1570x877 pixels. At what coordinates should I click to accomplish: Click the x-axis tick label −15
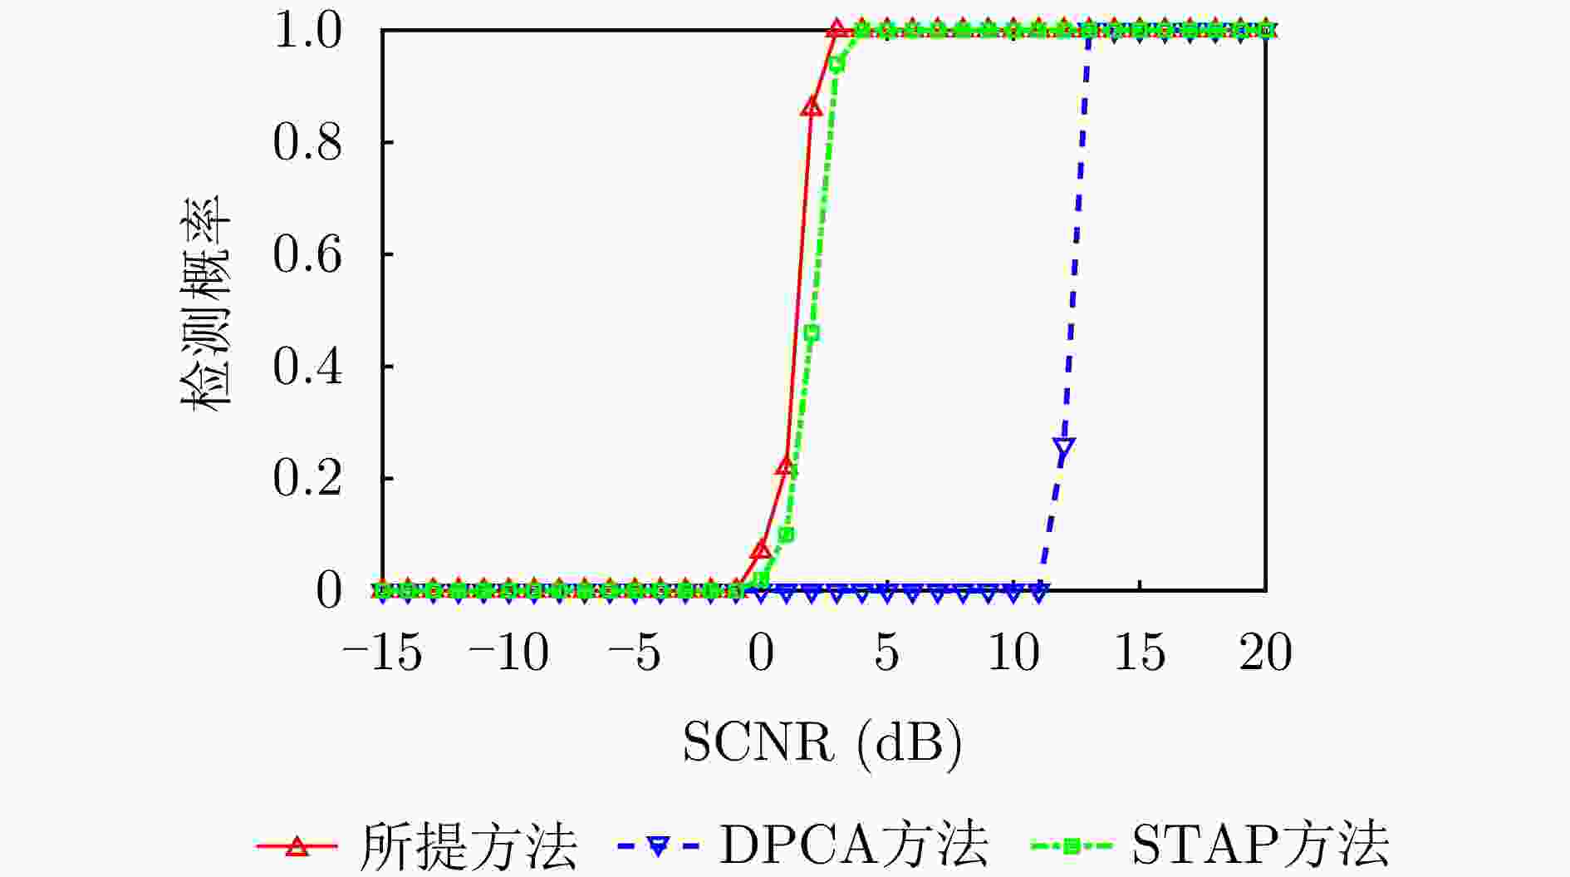(383, 653)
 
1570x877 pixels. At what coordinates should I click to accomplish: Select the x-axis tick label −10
(508, 653)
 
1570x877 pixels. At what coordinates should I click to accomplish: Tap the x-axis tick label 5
(886, 653)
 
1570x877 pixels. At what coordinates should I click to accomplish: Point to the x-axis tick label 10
(1013, 653)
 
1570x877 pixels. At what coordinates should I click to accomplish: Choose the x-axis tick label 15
(1139, 653)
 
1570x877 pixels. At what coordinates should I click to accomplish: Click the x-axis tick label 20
(1265, 653)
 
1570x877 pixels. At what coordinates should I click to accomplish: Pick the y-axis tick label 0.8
(307, 142)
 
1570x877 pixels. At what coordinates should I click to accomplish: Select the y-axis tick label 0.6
(307, 254)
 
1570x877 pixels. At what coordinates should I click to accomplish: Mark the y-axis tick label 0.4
(307, 367)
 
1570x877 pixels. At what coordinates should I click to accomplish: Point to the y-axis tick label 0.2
(307, 479)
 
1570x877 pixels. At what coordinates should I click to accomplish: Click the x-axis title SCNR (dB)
(822, 742)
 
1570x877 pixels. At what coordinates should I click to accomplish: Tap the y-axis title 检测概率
(206, 303)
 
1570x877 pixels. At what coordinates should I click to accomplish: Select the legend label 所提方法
(468, 846)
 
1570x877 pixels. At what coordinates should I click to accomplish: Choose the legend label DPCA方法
(854, 846)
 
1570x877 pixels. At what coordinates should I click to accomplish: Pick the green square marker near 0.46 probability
(812, 333)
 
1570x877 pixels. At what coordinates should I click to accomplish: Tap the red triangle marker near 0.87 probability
(812, 106)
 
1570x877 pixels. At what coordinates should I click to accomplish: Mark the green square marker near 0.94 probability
(837, 65)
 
